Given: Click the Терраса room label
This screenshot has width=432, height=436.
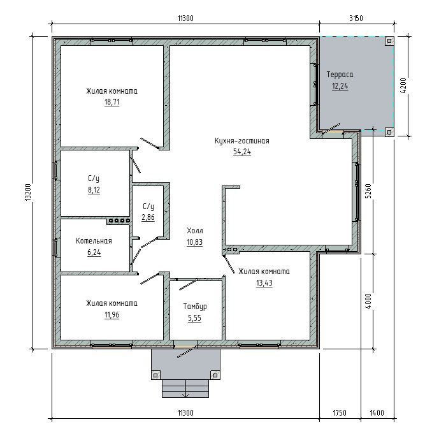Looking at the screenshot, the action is pos(340,75).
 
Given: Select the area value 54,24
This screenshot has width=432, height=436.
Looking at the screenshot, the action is pos(242,152).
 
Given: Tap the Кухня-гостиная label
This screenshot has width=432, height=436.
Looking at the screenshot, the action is pos(242,141).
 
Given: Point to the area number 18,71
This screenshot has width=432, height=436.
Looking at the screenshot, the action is pos(112,102).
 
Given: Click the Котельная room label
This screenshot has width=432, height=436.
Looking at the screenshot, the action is pos(94,241).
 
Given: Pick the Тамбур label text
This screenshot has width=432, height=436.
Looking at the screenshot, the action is pos(195,307).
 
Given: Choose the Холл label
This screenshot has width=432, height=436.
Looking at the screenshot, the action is pos(195,231).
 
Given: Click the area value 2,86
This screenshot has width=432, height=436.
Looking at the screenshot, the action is pos(148,217).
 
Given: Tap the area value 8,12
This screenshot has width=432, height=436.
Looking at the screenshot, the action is pos(94,190).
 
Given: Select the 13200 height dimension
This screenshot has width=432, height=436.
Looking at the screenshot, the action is pos(27,193).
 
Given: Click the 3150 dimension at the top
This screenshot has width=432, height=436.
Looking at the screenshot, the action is pos(356,18).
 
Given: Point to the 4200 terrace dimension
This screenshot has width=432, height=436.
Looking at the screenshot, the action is pos(403,85).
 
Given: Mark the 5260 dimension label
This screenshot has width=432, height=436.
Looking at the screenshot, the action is pos(368,191).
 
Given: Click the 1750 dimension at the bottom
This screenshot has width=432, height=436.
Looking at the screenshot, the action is pos(340,412).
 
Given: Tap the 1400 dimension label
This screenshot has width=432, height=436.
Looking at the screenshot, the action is pos(377,412).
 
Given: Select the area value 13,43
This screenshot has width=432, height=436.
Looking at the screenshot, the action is pos(264,283).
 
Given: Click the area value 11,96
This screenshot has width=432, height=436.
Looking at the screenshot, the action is pos(112,315).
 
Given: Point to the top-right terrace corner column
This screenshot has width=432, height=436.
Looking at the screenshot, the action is pos(389,41).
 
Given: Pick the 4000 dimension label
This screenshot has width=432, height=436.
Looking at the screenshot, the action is pos(368,302).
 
